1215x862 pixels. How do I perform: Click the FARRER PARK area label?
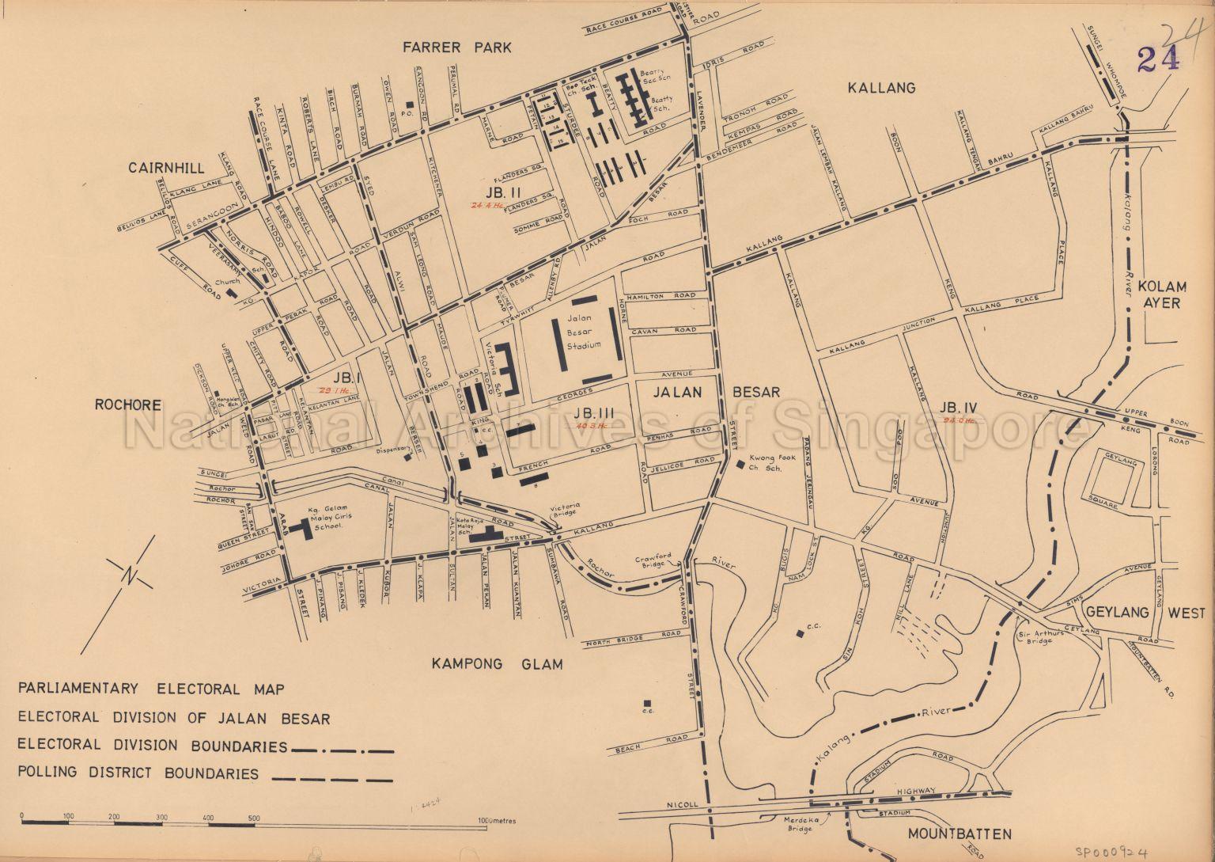[456, 47]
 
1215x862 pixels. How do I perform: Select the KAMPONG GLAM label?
[498, 663]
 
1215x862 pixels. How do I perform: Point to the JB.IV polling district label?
[960, 407]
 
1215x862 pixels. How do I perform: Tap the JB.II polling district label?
[502, 192]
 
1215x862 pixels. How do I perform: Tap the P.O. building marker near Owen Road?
[409, 104]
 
